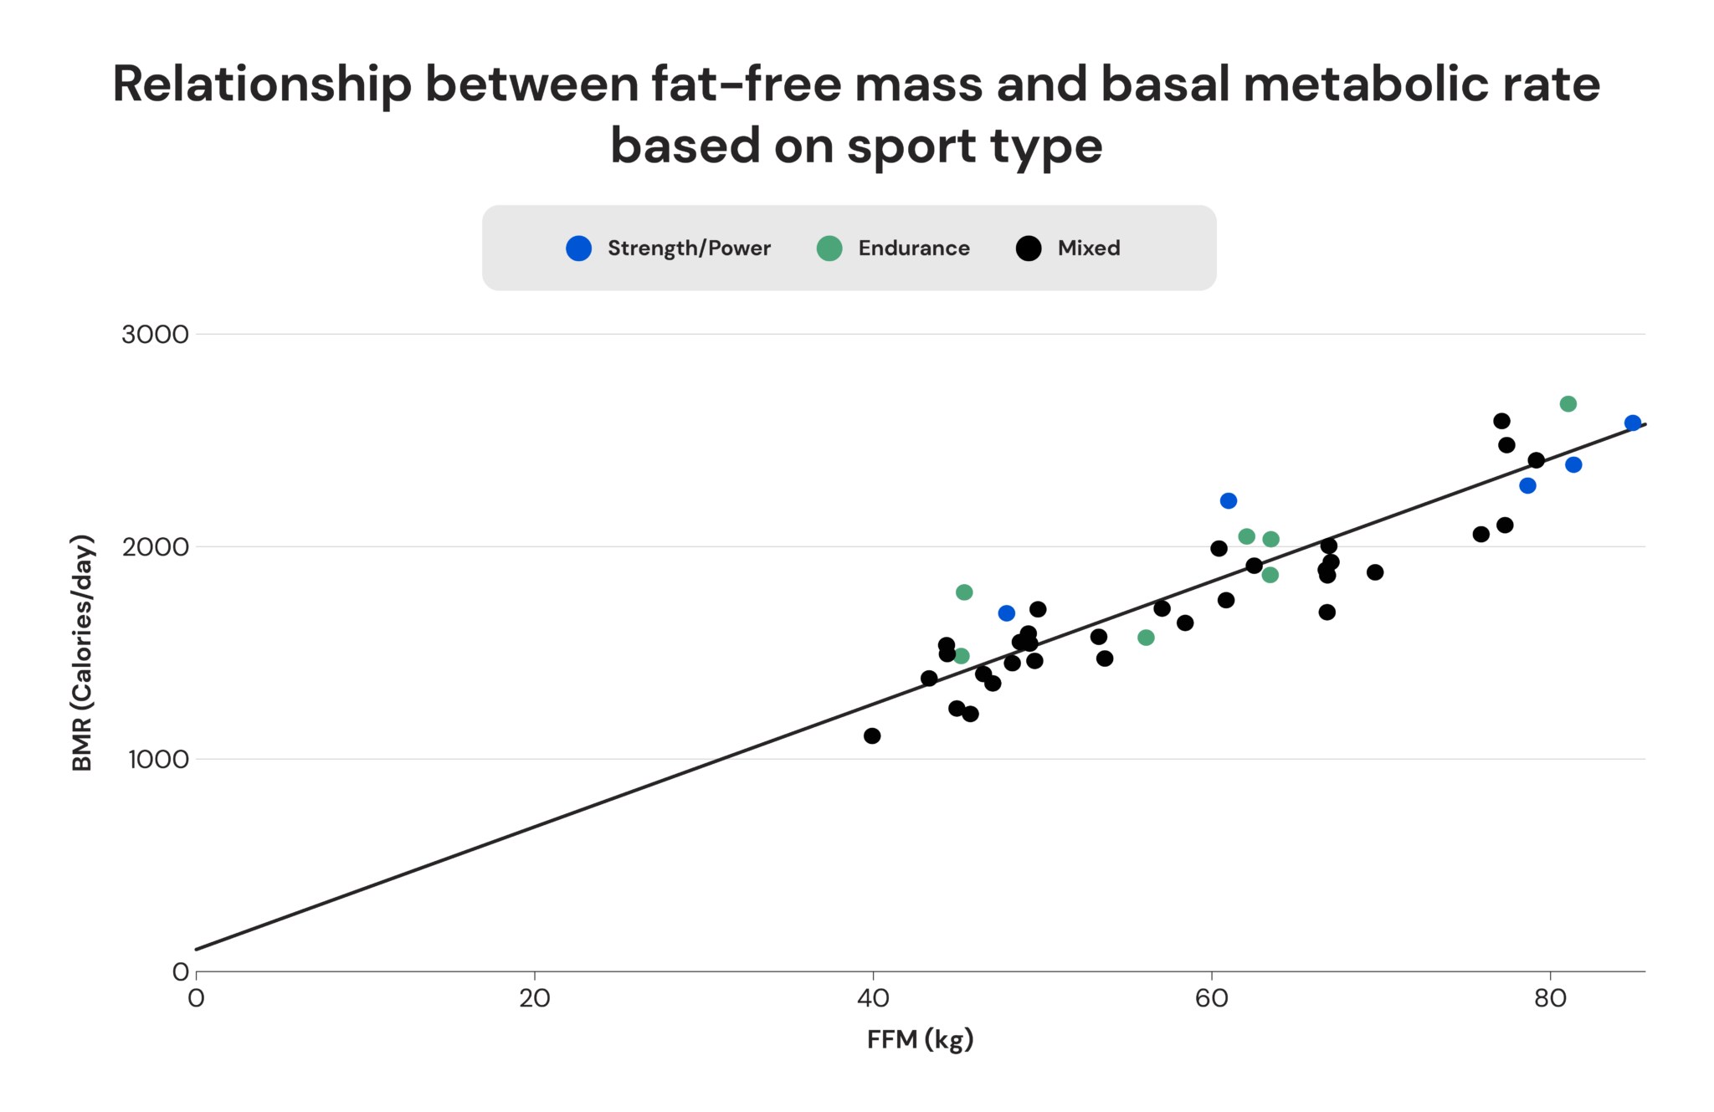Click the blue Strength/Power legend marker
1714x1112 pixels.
pos(578,249)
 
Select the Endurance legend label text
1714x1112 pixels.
pos(913,249)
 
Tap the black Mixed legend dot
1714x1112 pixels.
pos(1028,249)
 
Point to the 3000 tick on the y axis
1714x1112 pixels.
pos(156,335)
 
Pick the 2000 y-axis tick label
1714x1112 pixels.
pos(156,547)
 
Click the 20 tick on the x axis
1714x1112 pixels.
pos(534,998)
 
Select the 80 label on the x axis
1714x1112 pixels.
pos(1550,998)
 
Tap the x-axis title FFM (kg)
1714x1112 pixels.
pos(920,1039)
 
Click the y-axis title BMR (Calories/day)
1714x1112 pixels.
pos(82,653)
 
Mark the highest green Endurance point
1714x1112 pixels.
pos(1568,404)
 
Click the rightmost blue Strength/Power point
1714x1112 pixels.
pos(1632,423)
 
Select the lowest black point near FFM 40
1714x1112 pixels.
pos(872,736)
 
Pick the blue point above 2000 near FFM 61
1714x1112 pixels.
pos(1228,501)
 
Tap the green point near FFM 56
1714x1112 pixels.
pos(1146,638)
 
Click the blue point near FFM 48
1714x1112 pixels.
pos(1006,613)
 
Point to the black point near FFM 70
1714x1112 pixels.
pos(1375,572)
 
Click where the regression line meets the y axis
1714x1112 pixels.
pos(197,949)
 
